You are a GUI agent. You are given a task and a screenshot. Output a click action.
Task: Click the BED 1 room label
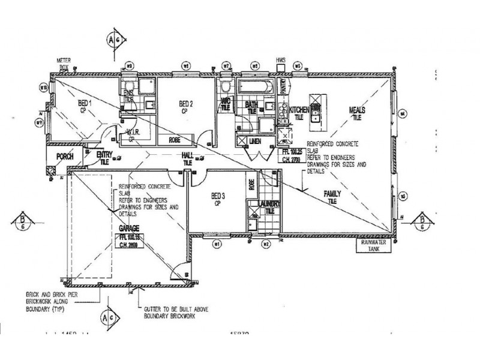(x=85, y=103)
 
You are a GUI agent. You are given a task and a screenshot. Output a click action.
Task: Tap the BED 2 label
(x=185, y=103)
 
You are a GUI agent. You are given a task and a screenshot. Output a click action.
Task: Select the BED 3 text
(x=218, y=196)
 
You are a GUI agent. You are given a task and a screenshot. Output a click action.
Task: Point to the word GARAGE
(x=129, y=229)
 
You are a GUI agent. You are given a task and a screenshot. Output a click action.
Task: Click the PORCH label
(x=64, y=157)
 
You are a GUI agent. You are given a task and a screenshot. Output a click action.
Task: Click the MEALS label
(x=358, y=110)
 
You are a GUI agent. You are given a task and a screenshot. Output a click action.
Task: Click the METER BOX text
(x=64, y=63)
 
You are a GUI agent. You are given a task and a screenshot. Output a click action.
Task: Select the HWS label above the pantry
(x=280, y=61)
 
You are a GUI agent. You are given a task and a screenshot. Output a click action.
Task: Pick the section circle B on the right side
(x=424, y=220)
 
